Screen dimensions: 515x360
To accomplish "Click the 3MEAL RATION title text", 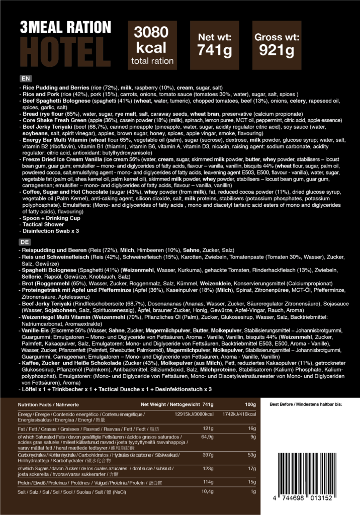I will click(64, 27).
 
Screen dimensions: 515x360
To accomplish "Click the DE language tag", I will click(25, 241).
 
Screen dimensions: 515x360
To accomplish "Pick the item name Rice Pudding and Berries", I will click(52, 88).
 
